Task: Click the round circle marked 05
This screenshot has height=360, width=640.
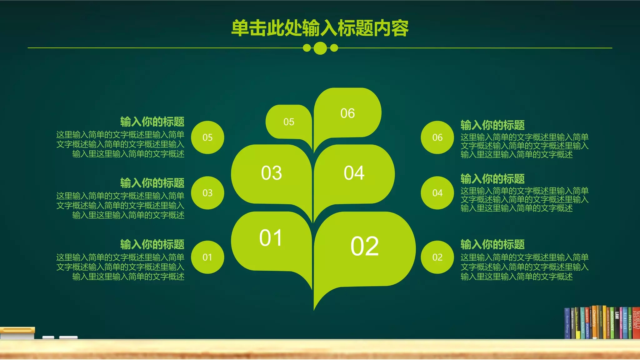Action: [x=207, y=137]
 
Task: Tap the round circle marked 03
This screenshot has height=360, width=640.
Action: [x=207, y=193]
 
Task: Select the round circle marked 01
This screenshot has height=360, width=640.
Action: [x=207, y=257]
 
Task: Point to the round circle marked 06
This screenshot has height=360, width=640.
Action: [x=437, y=137]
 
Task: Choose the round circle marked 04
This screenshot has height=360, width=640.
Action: [x=437, y=193]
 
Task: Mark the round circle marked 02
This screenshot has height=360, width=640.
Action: [x=437, y=257]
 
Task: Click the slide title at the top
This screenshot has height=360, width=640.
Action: [x=320, y=28]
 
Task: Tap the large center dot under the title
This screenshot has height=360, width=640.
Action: [x=320, y=48]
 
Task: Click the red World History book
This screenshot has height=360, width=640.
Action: [x=636, y=323]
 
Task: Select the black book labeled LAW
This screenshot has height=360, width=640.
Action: [x=617, y=323]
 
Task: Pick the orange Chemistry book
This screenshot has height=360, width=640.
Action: [x=594, y=323]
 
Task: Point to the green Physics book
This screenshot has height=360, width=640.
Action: [x=630, y=323]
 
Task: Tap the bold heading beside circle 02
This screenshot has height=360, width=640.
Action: [x=492, y=244]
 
